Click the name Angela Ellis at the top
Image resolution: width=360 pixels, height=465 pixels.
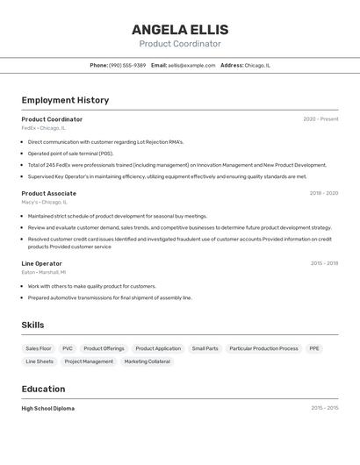point(180,29)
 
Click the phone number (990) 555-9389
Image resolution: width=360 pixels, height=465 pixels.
point(127,65)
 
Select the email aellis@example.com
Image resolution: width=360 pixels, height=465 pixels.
point(191,65)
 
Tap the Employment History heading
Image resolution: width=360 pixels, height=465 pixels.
point(65,100)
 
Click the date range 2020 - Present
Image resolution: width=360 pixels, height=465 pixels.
point(320,119)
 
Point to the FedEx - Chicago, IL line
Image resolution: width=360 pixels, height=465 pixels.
point(43,128)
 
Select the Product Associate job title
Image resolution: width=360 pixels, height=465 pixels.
point(48,193)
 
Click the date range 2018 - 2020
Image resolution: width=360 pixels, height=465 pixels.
point(324,193)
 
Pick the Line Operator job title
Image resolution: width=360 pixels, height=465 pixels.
point(41,263)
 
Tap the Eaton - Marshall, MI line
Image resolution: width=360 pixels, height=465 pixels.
point(43,272)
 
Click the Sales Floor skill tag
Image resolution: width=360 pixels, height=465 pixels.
point(39,348)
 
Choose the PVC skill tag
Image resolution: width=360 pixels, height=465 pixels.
point(68,348)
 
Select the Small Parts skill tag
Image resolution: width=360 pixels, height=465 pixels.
point(205,348)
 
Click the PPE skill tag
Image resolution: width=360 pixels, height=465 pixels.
point(314,348)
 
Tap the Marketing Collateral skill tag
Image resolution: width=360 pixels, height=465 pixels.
point(147,361)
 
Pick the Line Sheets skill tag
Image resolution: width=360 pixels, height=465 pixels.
point(40,361)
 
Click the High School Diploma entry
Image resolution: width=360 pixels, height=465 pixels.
point(47,408)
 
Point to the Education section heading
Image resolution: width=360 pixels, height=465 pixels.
point(43,389)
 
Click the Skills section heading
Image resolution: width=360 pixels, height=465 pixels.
point(32,325)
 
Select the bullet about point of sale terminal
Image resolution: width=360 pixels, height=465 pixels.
point(70,153)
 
